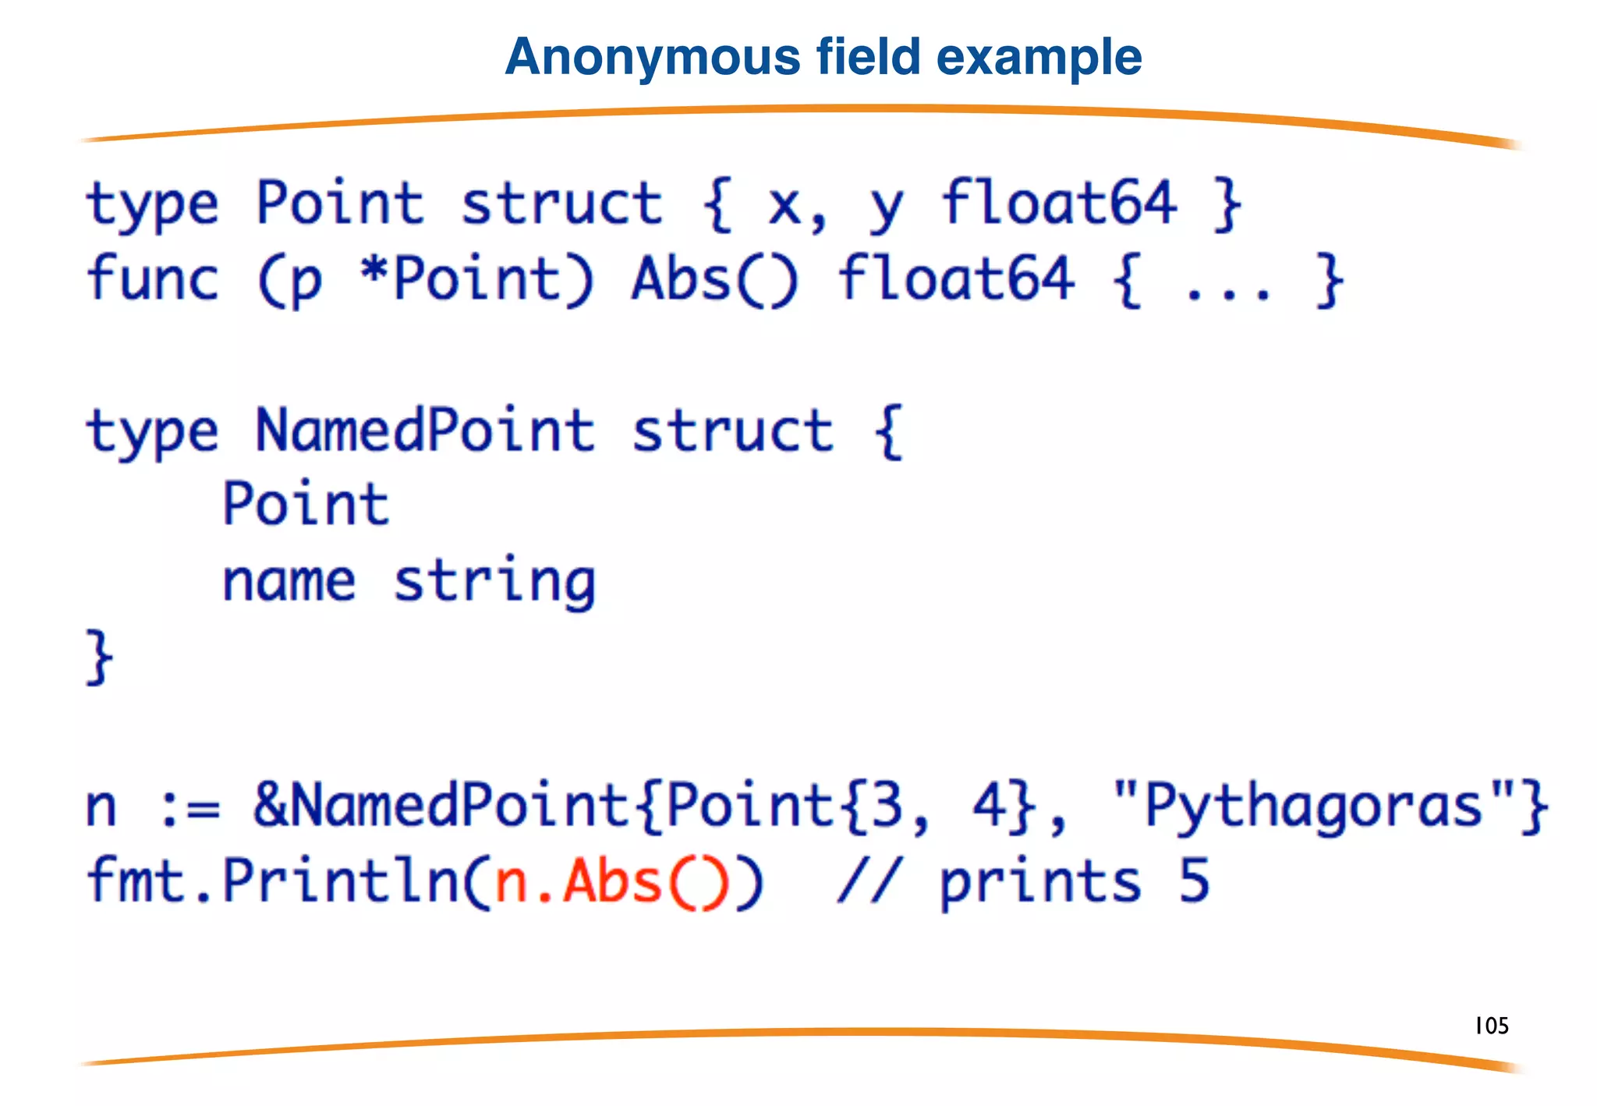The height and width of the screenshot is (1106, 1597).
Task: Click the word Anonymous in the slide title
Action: (653, 58)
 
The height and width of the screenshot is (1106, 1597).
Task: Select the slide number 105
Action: (1492, 1026)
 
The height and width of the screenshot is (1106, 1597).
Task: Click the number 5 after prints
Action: (1194, 881)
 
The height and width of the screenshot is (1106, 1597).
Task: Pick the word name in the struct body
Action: (289, 582)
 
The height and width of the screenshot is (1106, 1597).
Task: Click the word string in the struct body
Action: (494, 582)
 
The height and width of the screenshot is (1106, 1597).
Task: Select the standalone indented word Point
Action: (306, 505)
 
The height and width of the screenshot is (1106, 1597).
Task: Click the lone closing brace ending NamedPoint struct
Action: (100, 658)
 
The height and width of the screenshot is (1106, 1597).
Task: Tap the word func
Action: (153, 279)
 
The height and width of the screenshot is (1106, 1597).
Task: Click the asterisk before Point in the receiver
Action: (374, 273)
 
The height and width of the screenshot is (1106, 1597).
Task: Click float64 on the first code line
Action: (1058, 203)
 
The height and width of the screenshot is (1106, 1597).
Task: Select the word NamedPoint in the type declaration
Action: (426, 431)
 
